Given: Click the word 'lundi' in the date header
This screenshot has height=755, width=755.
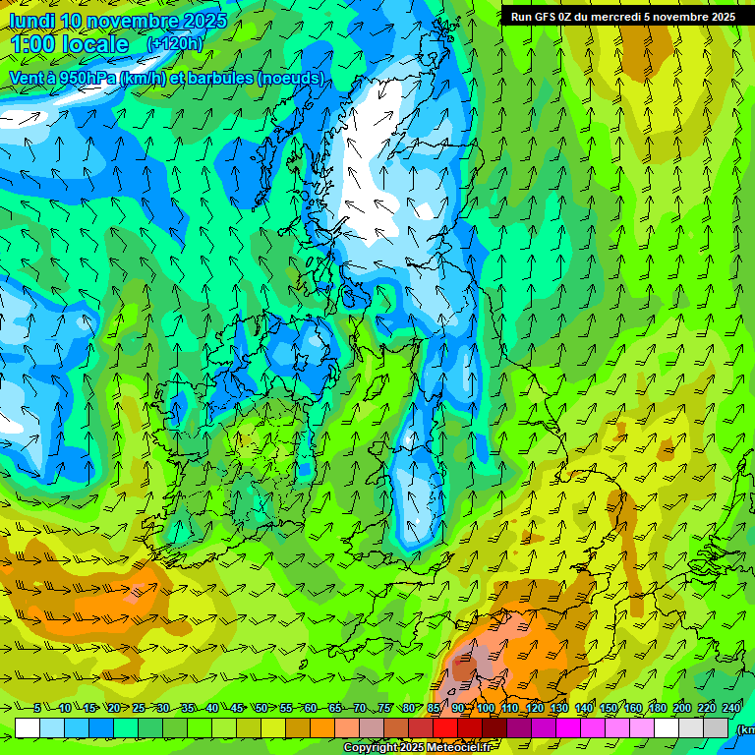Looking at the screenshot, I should [32, 21].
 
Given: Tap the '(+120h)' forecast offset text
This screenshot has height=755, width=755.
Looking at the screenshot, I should [175, 44].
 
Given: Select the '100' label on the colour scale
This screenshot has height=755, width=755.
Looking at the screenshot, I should [486, 709].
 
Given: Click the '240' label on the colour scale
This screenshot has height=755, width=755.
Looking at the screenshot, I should [730, 709].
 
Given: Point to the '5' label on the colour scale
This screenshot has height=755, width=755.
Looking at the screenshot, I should [37, 709].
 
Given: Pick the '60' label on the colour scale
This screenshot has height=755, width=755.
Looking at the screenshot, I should [310, 709].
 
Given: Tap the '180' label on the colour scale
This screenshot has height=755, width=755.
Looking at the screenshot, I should [657, 709].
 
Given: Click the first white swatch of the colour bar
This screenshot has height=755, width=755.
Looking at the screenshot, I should [28, 727].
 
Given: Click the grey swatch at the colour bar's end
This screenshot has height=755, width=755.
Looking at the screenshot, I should [716, 727].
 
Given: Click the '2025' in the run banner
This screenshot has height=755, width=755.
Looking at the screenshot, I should [723, 17].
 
